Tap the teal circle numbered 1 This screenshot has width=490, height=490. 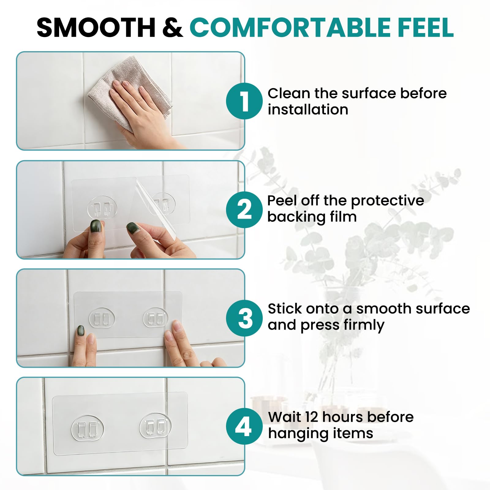click(x=244, y=101)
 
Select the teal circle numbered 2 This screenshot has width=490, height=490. click(x=244, y=210)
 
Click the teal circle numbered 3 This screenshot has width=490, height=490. click(x=244, y=318)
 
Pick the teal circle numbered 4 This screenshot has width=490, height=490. click(x=244, y=426)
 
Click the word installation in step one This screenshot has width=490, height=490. click(x=308, y=110)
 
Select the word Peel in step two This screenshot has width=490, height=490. click(x=282, y=201)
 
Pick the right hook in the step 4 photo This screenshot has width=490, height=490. click(x=155, y=425)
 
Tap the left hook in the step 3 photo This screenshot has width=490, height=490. click(x=102, y=318)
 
